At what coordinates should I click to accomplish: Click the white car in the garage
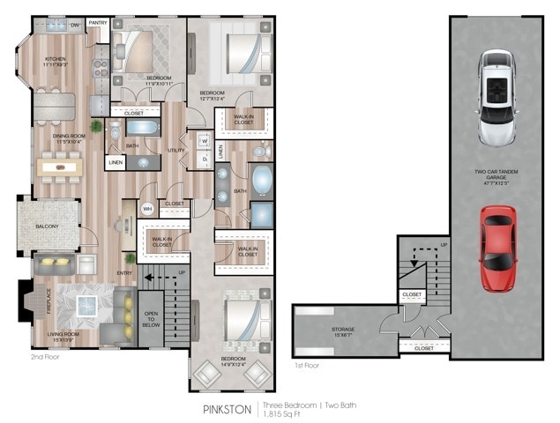coord(498,97)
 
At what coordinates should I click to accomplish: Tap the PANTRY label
coord(97,23)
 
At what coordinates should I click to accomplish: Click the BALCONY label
coord(47,226)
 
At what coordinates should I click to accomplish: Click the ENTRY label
coord(125,273)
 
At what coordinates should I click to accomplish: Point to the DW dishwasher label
coord(75,26)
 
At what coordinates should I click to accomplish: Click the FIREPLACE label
coord(26,303)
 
